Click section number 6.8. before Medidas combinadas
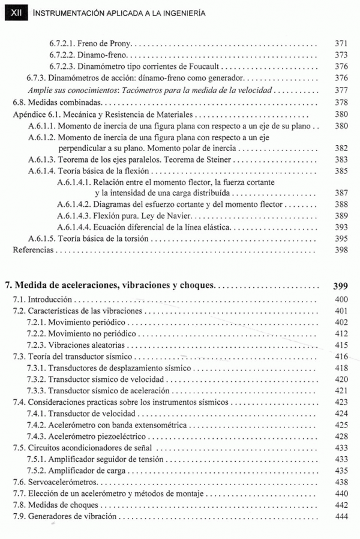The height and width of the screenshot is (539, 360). tap(20, 101)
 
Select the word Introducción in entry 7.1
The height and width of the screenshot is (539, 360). tap(50, 300)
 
